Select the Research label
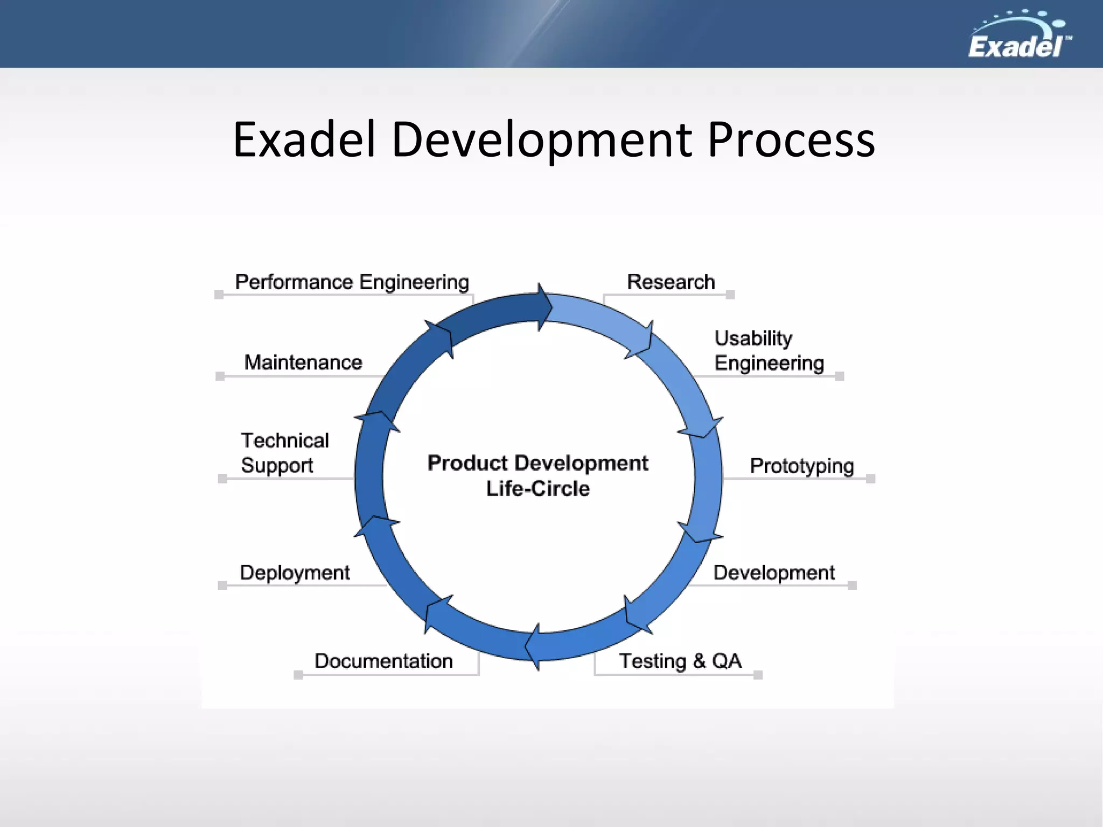click(x=671, y=282)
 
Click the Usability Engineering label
click(x=769, y=351)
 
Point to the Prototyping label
click(x=801, y=466)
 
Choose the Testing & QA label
click(x=680, y=661)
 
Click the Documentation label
click(x=383, y=661)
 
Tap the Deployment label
click(x=295, y=573)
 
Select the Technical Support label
click(x=284, y=453)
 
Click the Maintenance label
click(x=303, y=362)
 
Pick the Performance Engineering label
click(x=352, y=282)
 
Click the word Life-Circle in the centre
click(x=537, y=489)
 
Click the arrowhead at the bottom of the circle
click(x=533, y=646)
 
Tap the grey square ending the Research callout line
click(x=730, y=295)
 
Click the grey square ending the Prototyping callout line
click(x=870, y=479)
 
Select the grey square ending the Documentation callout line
click(x=298, y=675)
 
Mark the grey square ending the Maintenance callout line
click(x=220, y=376)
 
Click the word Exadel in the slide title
click(x=304, y=140)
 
